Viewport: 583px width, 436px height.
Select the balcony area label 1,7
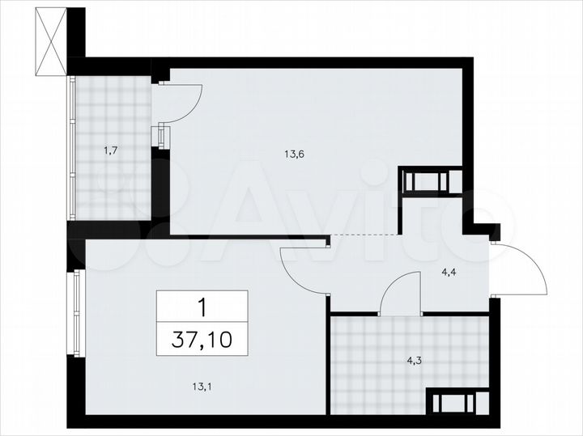(x=111, y=149)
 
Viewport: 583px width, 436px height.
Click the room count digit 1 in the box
(x=202, y=307)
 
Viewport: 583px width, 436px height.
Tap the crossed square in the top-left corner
(x=50, y=41)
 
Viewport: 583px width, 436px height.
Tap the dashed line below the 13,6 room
(x=364, y=234)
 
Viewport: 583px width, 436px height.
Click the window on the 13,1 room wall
(x=77, y=311)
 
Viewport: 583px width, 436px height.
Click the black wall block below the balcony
(x=113, y=230)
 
